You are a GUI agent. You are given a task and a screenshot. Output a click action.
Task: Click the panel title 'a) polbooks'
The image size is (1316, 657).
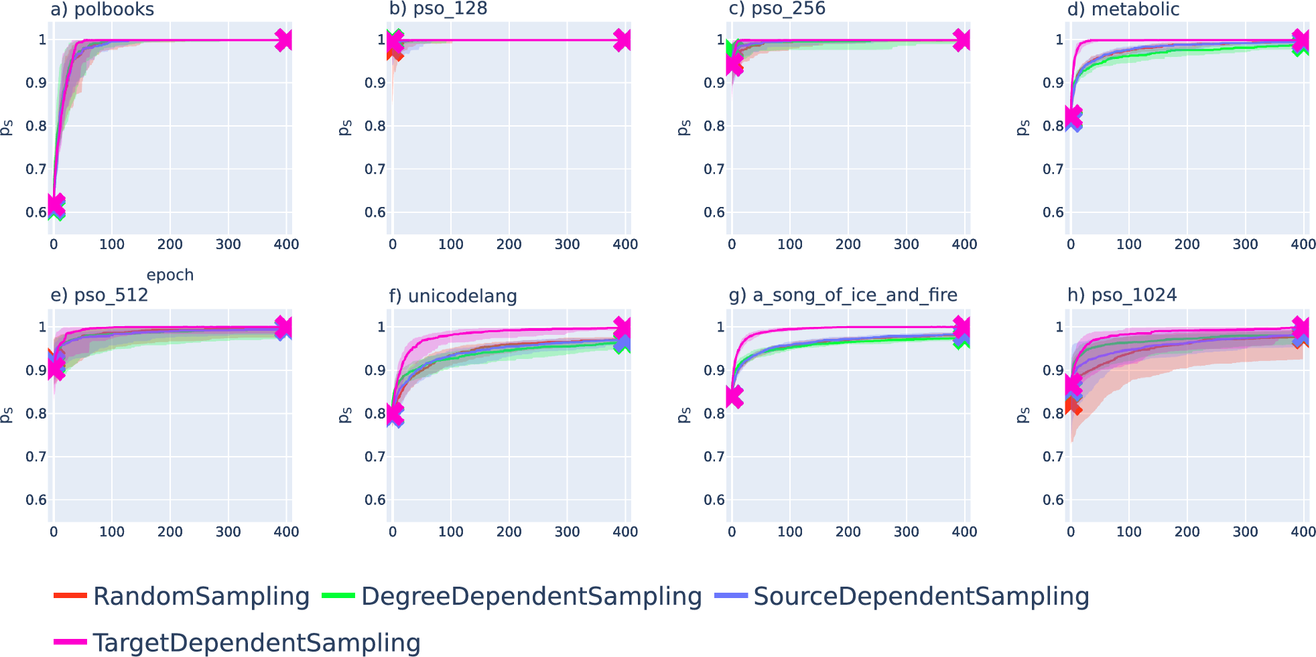(x=102, y=9)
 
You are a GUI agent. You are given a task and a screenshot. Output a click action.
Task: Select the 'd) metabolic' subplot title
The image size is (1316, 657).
(x=1123, y=9)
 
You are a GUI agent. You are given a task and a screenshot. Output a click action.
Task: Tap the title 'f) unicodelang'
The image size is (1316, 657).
(x=453, y=296)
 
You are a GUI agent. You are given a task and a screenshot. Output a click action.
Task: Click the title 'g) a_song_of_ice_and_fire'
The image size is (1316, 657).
(x=843, y=295)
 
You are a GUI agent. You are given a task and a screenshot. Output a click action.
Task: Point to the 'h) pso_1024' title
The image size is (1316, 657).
(x=1122, y=295)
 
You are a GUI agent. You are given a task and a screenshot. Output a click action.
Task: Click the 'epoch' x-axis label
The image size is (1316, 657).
(x=170, y=275)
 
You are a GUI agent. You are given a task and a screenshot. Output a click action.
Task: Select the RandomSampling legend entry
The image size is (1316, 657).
(x=182, y=596)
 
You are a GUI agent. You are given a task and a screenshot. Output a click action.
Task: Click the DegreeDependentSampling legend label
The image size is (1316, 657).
(x=513, y=596)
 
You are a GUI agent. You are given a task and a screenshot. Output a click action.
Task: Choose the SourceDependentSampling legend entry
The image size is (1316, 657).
(x=902, y=596)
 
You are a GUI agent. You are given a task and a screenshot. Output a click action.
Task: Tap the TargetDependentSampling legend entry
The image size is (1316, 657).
(x=238, y=642)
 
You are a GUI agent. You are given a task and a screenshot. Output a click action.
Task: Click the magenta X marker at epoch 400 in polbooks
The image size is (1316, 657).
(x=283, y=40)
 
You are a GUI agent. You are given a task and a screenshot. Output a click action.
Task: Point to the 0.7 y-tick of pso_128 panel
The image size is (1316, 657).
(x=375, y=169)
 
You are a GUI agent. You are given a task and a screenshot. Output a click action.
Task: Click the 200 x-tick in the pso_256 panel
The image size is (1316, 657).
(x=848, y=244)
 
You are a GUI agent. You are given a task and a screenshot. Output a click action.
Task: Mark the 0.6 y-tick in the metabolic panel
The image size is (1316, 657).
(x=1053, y=212)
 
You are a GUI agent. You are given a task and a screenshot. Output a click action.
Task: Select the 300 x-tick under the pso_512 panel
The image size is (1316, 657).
(x=228, y=532)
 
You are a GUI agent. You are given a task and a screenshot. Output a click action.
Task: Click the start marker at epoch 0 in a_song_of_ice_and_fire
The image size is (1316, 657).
(x=734, y=396)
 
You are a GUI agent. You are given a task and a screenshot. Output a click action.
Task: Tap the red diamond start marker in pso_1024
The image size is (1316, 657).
(x=1073, y=406)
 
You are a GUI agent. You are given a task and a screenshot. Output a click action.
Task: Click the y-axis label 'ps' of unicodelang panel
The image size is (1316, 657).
(x=344, y=415)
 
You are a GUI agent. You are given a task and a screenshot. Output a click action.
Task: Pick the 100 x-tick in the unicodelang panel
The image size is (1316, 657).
(x=450, y=532)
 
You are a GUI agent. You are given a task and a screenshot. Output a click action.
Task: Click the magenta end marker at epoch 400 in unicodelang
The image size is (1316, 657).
(x=622, y=327)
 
